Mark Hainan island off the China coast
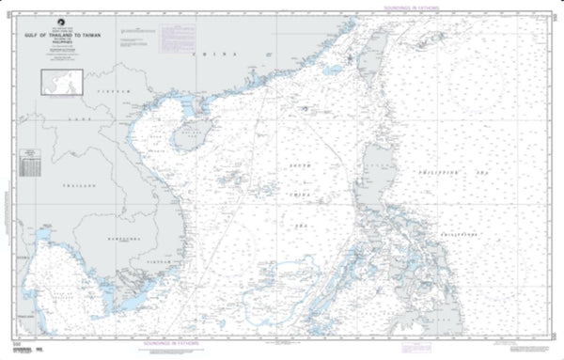tap(188, 136)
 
